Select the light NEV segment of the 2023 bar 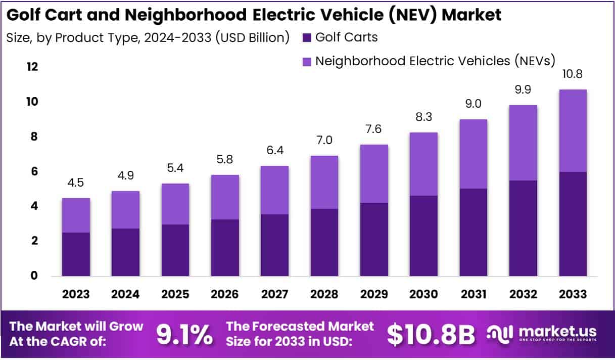tap(76, 215)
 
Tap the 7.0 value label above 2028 tap(324, 140)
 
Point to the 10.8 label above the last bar tap(573, 74)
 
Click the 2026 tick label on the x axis tap(225, 294)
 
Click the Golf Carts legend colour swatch tap(307, 37)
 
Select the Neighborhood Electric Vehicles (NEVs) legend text tap(435, 61)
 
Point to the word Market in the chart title tap(472, 15)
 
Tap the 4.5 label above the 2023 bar tap(76, 183)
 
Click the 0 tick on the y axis tap(34, 276)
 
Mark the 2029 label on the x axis tap(374, 294)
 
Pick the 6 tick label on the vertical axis tap(34, 171)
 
